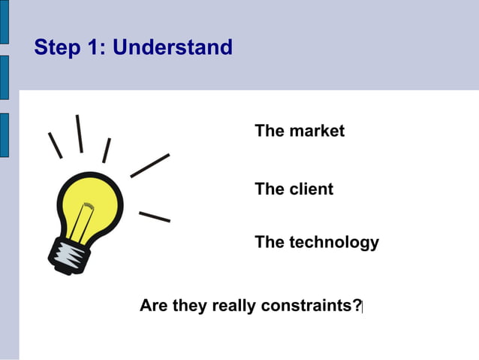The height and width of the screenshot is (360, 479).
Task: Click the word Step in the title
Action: tap(57, 48)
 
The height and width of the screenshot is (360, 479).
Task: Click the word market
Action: tap(316, 131)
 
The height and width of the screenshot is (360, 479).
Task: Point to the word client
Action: tap(311, 189)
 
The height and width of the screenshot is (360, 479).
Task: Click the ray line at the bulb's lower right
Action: tap(155, 216)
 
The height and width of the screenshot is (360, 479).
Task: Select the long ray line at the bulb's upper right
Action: tap(150, 165)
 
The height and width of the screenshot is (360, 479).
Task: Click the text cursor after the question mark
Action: tap(363, 307)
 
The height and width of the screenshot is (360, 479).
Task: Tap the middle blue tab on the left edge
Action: tap(4, 77)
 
